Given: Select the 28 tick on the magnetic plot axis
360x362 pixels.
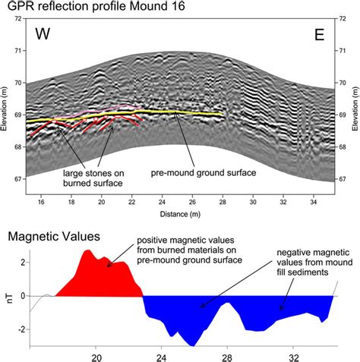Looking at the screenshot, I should [x=226, y=355].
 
